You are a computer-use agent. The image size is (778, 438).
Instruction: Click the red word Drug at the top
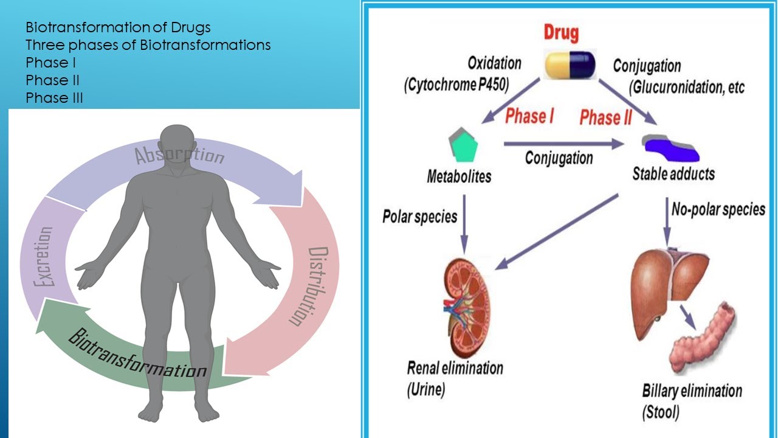tap(560, 33)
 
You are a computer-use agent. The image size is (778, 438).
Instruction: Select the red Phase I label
tap(529, 116)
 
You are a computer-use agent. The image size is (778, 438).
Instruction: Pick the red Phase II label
tap(605, 117)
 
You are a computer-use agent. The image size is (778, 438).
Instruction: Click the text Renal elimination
tap(455, 368)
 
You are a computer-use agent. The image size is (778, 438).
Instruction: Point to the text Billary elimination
tap(692, 390)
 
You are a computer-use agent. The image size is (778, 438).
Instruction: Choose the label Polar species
tap(419, 216)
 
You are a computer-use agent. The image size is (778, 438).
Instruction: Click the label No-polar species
tap(718, 210)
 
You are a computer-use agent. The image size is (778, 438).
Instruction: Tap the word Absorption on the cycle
tap(179, 155)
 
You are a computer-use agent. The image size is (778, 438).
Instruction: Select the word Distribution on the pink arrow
tap(314, 286)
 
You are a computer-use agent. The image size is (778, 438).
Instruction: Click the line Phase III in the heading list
tap(54, 98)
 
